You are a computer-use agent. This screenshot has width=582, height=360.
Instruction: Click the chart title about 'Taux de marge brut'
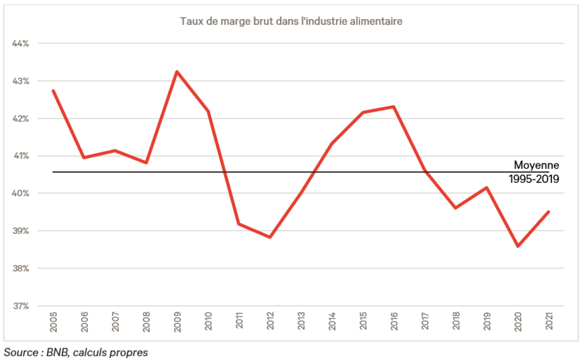(291, 22)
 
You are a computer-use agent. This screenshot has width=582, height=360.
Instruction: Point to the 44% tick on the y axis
(21, 44)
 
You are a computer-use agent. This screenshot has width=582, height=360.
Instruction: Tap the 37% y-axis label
(21, 306)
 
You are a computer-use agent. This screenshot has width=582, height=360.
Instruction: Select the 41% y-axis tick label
(21, 156)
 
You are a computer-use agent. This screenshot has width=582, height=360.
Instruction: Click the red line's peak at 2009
(177, 71)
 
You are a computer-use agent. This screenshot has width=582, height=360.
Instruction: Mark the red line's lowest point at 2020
(518, 246)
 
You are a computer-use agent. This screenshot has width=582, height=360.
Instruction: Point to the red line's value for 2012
(270, 237)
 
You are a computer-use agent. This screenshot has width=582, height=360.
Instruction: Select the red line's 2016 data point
(394, 107)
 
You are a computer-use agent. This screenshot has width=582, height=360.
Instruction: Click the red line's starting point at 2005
(53, 90)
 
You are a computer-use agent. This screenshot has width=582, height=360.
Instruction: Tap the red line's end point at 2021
(549, 212)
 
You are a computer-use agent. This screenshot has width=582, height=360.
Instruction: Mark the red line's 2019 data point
(487, 187)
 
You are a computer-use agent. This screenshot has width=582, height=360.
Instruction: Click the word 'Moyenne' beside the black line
(536, 165)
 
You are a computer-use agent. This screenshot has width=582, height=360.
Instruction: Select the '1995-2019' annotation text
(534, 179)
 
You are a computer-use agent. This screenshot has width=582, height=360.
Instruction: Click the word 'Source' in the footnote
(19, 352)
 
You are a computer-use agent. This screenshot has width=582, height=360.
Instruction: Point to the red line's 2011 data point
(239, 224)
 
